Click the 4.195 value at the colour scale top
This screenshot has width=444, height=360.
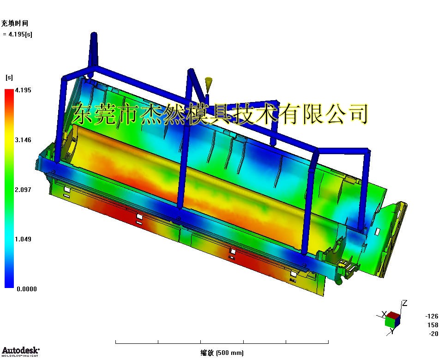point(23,90)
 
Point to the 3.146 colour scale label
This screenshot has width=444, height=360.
point(23,140)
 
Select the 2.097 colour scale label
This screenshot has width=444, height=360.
point(23,190)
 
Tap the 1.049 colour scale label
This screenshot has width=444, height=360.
point(23,239)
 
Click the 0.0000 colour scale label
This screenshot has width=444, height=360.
point(27,289)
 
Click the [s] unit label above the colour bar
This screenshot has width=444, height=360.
point(9,78)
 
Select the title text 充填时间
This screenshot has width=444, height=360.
point(15,23)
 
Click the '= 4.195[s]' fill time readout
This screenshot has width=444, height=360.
point(18,34)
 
